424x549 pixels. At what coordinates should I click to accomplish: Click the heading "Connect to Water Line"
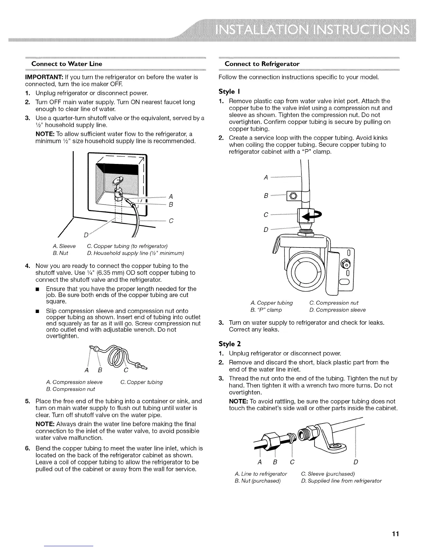(67, 64)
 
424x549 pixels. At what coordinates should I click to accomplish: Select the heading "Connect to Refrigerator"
(262, 64)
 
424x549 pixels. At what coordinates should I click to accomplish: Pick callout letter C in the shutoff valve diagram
(171, 221)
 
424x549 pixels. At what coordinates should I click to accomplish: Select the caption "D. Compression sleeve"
(341, 310)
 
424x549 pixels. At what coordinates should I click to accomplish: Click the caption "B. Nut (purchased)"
(257, 481)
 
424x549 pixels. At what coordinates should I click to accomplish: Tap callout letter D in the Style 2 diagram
(356, 462)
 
